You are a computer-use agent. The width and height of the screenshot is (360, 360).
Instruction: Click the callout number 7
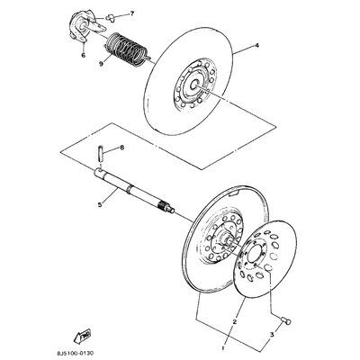click(x=132, y=13)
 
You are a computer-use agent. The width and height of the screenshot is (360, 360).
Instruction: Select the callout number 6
click(x=83, y=55)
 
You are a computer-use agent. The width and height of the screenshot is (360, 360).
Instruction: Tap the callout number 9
click(x=101, y=64)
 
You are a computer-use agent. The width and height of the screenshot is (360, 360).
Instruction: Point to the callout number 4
click(x=256, y=46)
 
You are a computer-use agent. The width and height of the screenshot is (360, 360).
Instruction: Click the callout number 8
click(x=121, y=148)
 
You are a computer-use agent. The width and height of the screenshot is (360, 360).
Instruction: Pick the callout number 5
click(x=99, y=204)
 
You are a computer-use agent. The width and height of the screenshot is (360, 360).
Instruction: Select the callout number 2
click(x=235, y=322)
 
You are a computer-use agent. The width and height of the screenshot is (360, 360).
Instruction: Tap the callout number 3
click(x=272, y=334)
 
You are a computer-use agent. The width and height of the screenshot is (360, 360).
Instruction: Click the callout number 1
click(x=223, y=348)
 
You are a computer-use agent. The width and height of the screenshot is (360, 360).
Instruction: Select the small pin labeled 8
click(x=101, y=154)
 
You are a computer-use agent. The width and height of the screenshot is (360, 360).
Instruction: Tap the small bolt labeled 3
click(x=286, y=321)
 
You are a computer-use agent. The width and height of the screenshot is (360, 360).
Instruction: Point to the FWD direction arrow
click(x=83, y=336)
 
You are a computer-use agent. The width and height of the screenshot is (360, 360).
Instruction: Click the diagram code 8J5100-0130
click(x=72, y=353)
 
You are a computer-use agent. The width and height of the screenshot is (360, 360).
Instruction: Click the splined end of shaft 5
click(x=166, y=207)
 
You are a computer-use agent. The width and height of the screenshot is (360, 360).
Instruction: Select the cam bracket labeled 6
click(x=85, y=28)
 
